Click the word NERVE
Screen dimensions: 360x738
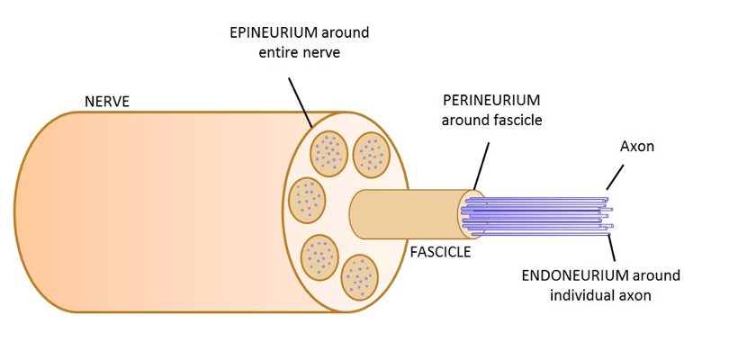(x=107, y=102)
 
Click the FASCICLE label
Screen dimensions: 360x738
(x=440, y=252)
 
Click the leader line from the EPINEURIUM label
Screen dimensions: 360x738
(x=300, y=101)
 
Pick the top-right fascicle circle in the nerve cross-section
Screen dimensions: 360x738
(x=370, y=154)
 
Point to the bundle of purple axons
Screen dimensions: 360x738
(x=540, y=216)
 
